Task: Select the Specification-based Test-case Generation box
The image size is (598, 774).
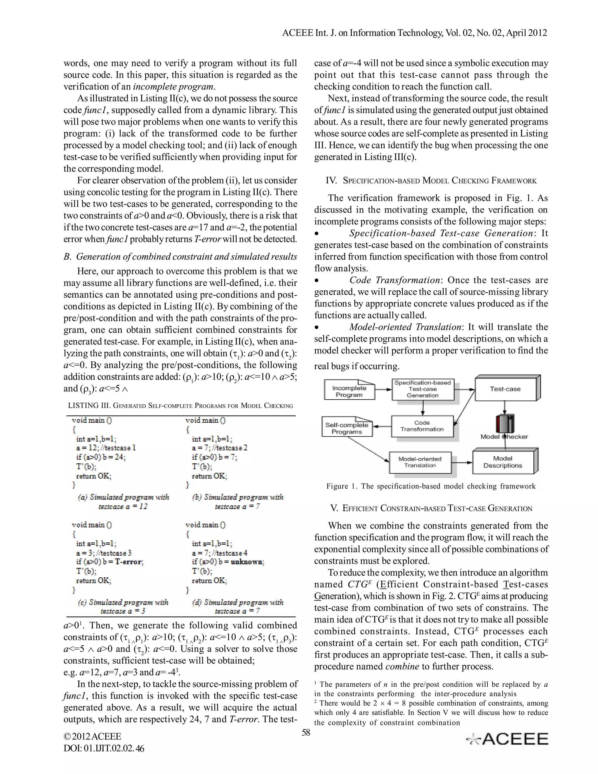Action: tap(423, 389)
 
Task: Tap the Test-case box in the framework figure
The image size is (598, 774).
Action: tap(505, 389)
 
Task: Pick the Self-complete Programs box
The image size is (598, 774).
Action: tap(347, 428)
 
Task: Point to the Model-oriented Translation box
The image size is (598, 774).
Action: tap(420, 462)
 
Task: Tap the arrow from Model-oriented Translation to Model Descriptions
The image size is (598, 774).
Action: tap(462, 462)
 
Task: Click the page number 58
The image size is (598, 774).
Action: tap(306, 732)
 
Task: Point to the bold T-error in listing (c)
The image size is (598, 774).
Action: tap(129, 562)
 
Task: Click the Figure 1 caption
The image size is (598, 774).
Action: tap(431, 486)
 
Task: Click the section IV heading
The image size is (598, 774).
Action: tap(431, 181)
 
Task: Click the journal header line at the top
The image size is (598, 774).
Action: tap(415, 33)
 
